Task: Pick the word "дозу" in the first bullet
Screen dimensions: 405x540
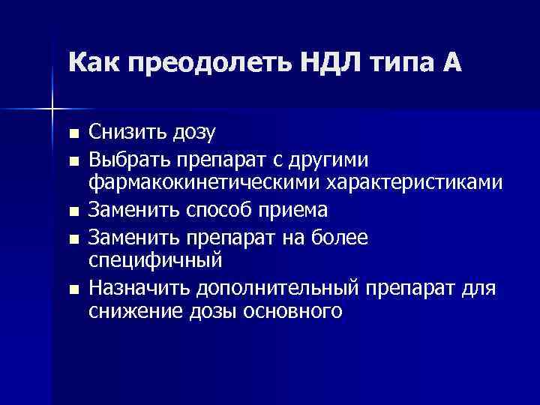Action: click(191, 133)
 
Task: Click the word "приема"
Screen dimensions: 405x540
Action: click(298, 211)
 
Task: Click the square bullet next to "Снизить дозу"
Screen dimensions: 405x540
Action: click(73, 134)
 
